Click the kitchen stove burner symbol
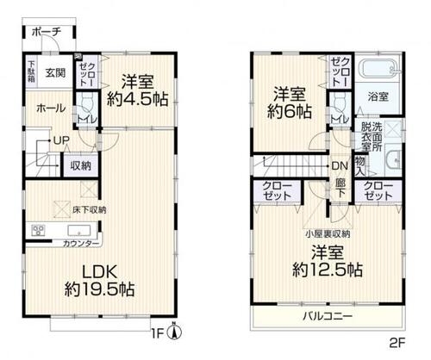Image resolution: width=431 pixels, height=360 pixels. point(38,231)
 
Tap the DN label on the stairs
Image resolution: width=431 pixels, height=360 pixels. point(340,166)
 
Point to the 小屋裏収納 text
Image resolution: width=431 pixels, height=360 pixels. point(327,234)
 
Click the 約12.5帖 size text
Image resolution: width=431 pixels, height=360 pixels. point(325,270)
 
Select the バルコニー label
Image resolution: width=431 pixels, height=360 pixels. point(327,317)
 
